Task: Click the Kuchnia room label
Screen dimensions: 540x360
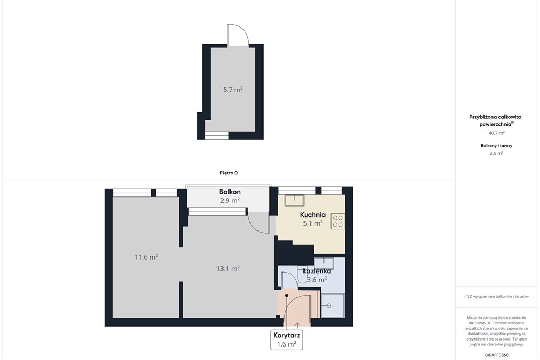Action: click(x=313, y=215)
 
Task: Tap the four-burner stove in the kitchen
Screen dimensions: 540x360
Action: click(x=338, y=221)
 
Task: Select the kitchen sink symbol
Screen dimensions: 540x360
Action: click(x=294, y=200)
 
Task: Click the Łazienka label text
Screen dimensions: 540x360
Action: click(x=317, y=271)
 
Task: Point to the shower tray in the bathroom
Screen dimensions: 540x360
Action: click(x=333, y=305)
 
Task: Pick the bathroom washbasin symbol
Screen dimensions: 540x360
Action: click(x=323, y=263)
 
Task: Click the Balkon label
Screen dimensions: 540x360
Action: click(x=230, y=192)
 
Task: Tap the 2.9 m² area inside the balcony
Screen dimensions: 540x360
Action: click(x=230, y=200)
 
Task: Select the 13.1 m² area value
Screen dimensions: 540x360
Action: click(x=228, y=268)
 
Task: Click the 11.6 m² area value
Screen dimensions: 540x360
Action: click(x=146, y=257)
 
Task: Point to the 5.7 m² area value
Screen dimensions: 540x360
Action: click(x=233, y=90)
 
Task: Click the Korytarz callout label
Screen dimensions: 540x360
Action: click(x=287, y=335)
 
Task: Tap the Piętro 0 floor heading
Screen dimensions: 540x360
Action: click(x=228, y=173)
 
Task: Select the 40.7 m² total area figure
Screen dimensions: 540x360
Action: click(x=497, y=133)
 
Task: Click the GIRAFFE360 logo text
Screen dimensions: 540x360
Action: click(x=496, y=355)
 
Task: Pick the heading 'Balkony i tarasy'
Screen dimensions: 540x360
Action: click(x=497, y=146)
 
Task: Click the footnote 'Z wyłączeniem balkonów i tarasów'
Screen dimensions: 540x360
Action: click(x=496, y=296)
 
